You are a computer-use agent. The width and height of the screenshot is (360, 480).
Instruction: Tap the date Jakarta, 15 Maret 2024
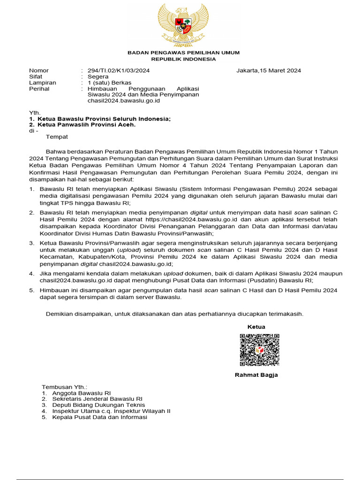[x=269, y=70]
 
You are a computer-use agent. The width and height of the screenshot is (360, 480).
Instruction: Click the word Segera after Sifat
[x=98, y=76]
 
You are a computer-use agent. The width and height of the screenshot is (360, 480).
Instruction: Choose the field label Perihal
[x=39, y=89]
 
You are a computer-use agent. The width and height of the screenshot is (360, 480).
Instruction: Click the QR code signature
[x=260, y=350]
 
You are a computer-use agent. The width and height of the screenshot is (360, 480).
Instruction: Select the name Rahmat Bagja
[x=256, y=375]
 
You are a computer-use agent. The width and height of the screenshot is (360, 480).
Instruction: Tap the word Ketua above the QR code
[x=256, y=327]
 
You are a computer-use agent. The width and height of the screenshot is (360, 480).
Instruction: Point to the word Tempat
[x=57, y=137]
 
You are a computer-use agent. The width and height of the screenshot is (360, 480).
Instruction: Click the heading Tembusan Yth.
[x=65, y=387]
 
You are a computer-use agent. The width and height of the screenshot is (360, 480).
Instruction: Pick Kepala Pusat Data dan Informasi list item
[x=99, y=417]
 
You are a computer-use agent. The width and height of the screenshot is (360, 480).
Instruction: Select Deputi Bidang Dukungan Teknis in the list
[x=98, y=405]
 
